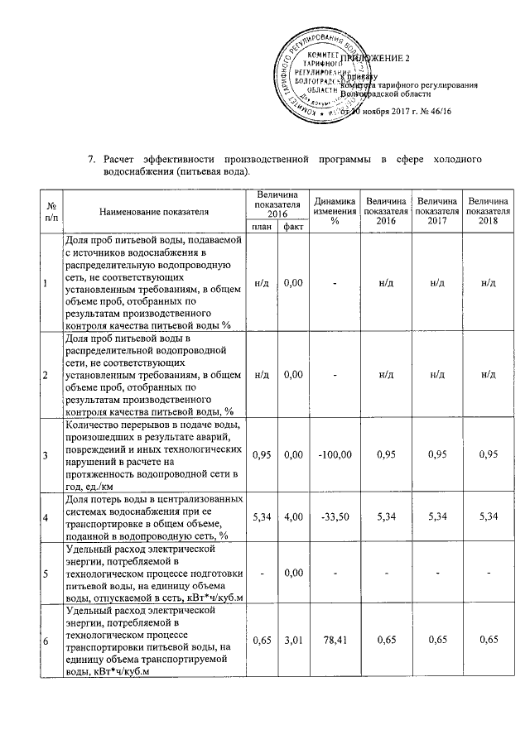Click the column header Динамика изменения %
tap(335, 211)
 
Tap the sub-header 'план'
tap(261, 226)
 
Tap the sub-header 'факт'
tap(291, 226)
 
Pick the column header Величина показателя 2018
tap(489, 211)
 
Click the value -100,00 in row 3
tap(335, 455)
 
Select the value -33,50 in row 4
tap(335, 516)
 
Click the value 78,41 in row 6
tap(335, 639)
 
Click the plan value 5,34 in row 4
tap(261, 516)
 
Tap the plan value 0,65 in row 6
tap(261, 639)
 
